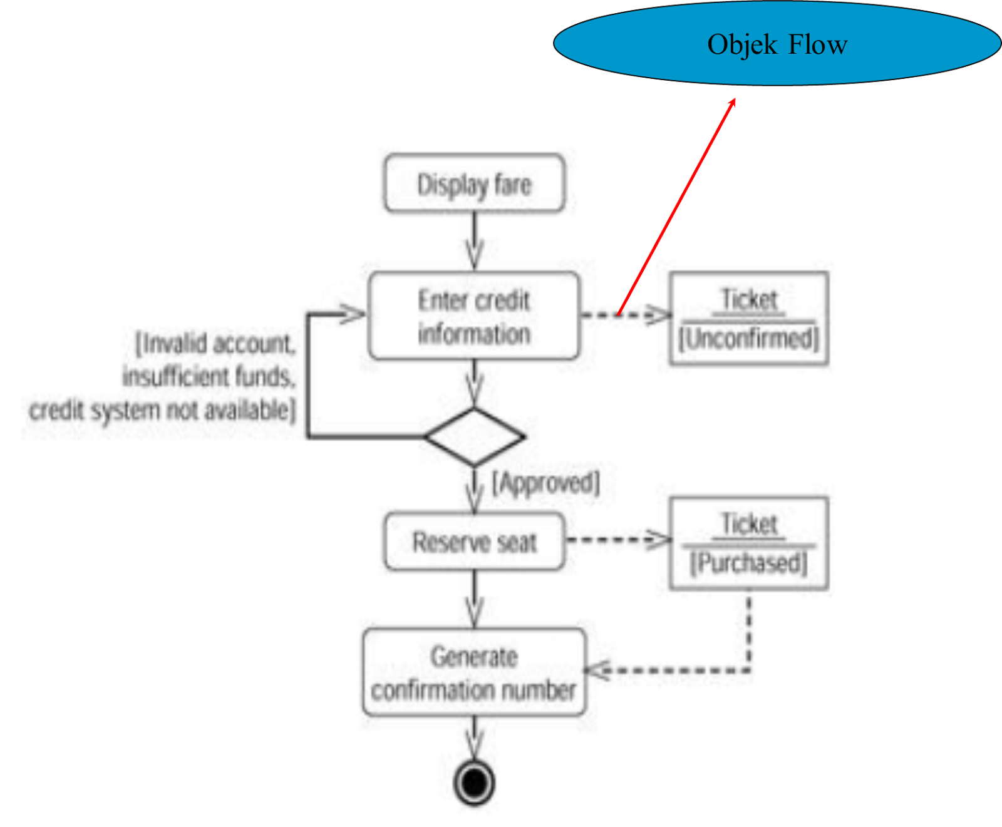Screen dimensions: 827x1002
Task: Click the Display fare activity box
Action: point(474,183)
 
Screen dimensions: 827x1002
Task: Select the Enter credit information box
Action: point(474,316)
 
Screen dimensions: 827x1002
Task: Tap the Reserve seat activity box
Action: point(474,542)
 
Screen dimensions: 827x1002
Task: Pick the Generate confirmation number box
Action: point(474,673)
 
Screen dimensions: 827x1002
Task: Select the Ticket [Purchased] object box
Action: point(749,543)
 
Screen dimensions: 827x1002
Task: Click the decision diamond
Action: point(474,436)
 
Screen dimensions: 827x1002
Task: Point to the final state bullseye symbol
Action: point(474,783)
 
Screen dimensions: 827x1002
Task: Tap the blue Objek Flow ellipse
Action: point(777,44)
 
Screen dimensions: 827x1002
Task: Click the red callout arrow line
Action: point(676,207)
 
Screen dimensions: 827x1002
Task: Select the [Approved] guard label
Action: point(545,483)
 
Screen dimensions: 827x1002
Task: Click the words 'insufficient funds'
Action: point(209,377)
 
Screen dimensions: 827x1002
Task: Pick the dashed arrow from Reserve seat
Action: point(617,540)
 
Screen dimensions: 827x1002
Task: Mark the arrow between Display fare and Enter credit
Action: point(474,241)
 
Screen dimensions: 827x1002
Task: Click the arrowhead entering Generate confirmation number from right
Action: point(596,670)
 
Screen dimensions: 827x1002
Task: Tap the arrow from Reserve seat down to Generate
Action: point(474,598)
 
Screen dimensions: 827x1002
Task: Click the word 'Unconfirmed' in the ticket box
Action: point(749,339)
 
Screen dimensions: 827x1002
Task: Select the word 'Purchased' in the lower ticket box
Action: point(749,563)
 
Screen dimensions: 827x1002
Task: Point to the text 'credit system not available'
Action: point(162,411)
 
